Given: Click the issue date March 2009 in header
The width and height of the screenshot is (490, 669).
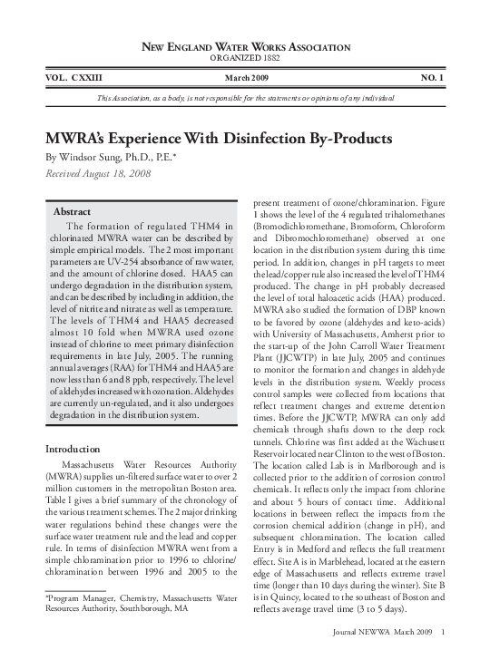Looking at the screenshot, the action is (246, 79).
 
